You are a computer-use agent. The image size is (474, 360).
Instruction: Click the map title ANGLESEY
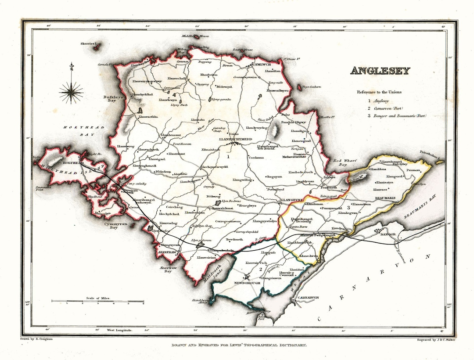coord(380,71)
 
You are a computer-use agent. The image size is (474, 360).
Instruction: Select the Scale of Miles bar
coord(97,301)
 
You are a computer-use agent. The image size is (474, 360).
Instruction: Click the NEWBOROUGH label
coord(249,283)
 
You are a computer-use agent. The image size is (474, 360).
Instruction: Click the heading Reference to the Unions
coord(379,92)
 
